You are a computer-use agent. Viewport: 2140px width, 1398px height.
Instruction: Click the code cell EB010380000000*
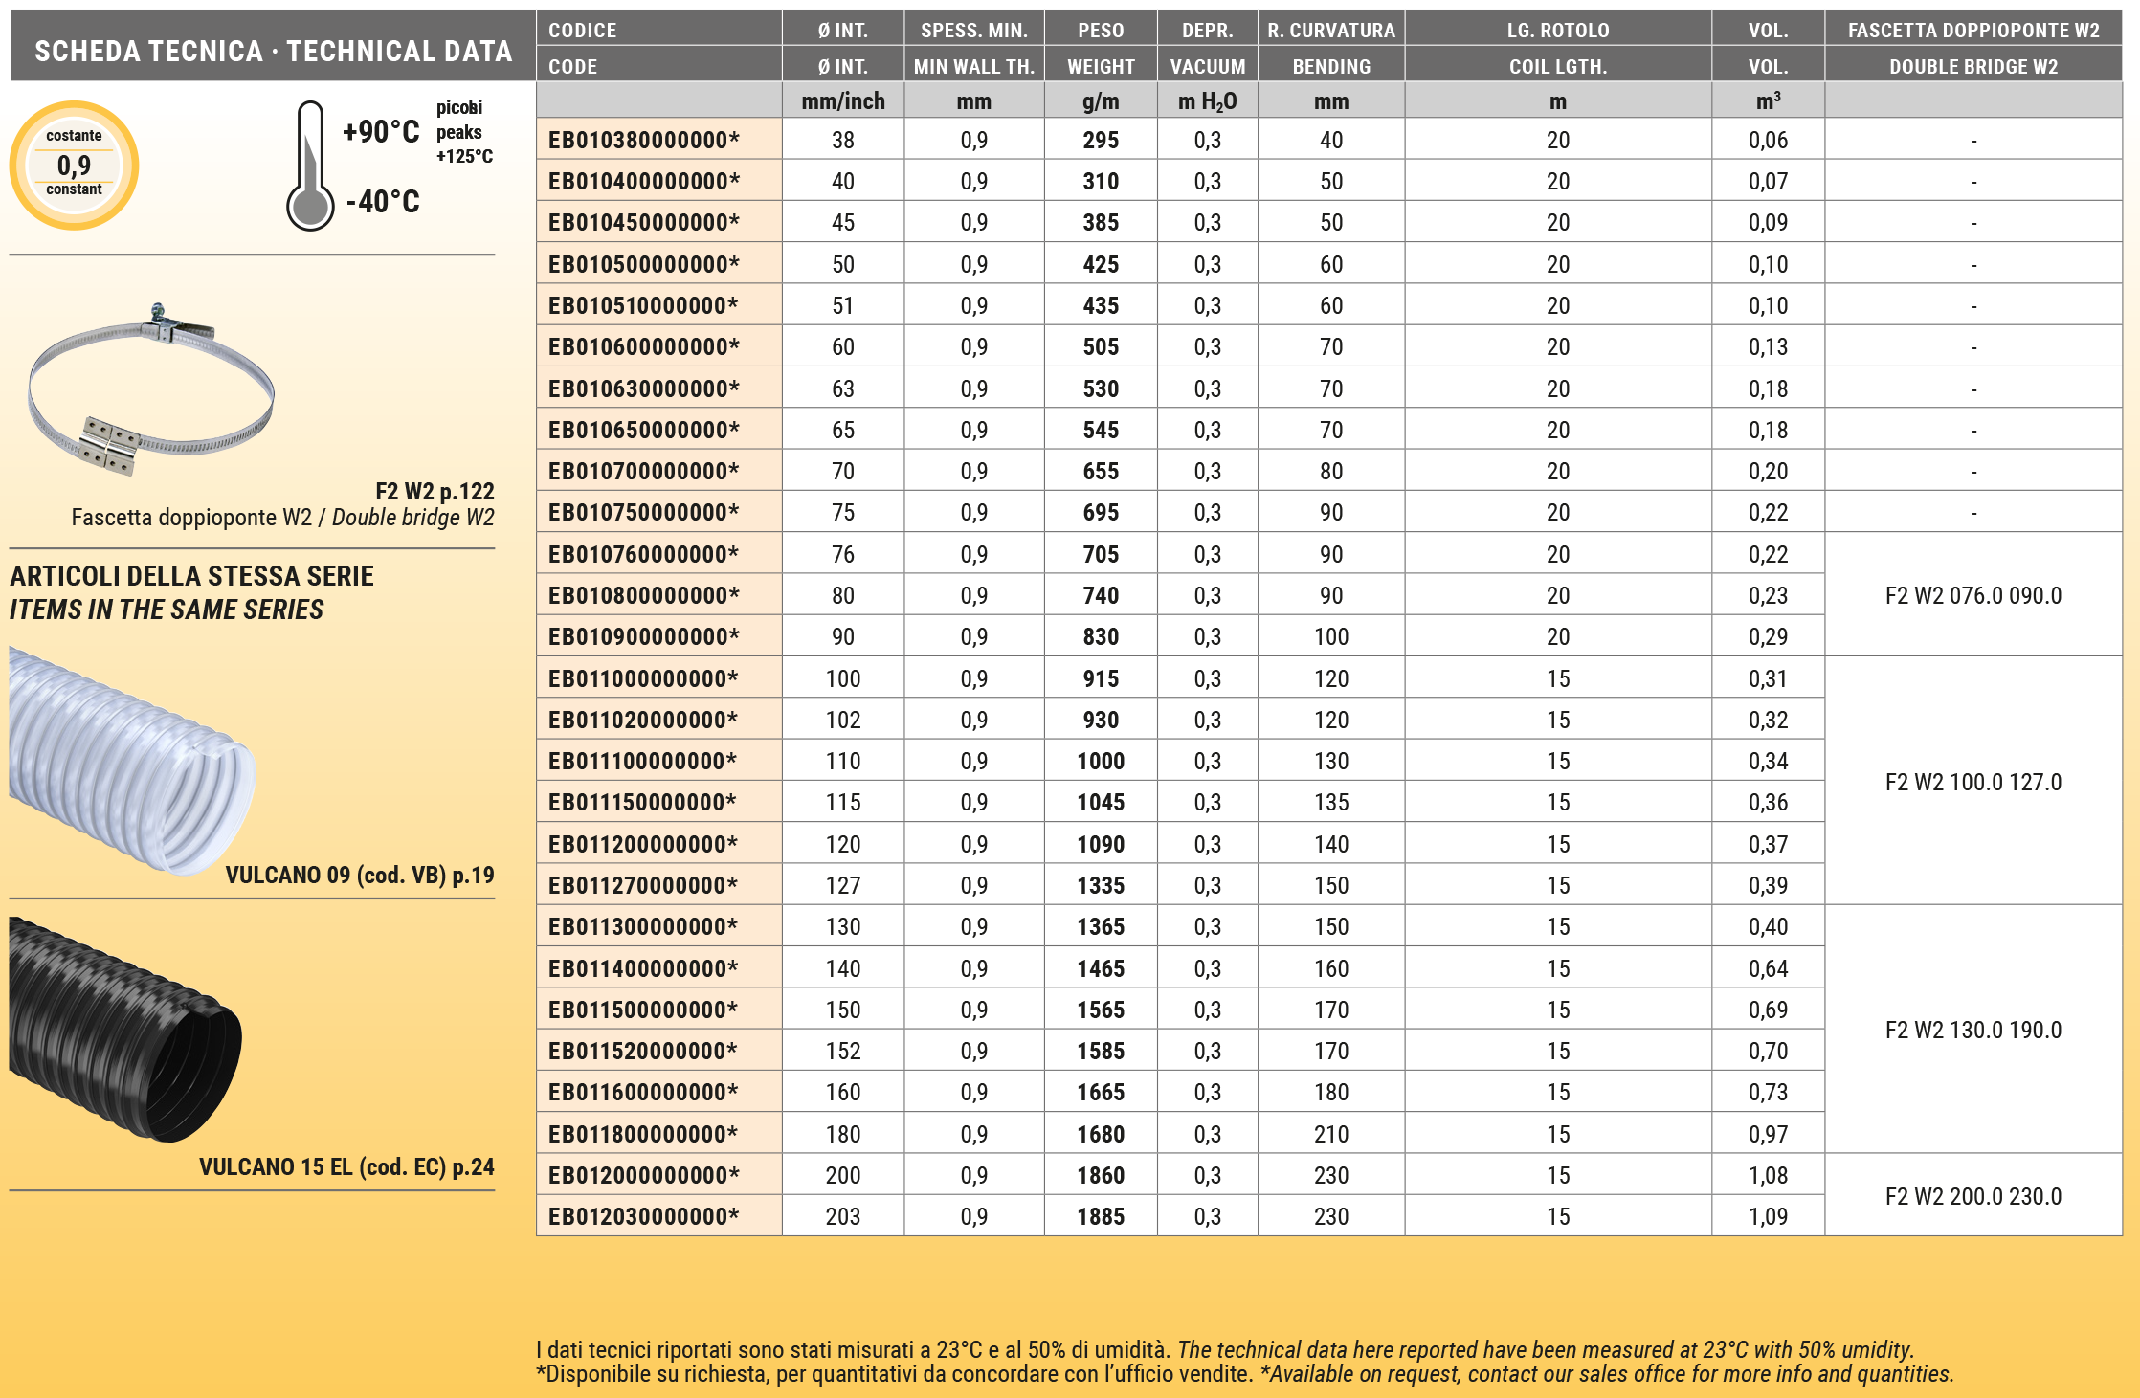click(x=643, y=140)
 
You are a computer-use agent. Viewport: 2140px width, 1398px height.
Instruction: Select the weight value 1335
click(x=1101, y=885)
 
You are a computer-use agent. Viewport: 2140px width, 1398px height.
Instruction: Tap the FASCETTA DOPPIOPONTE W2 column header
click(x=1973, y=31)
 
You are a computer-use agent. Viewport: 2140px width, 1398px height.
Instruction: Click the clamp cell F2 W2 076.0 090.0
click(x=1973, y=595)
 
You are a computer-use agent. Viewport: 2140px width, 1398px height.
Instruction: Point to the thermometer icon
click(x=310, y=166)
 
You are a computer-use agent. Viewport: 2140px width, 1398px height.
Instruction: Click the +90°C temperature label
click(x=381, y=132)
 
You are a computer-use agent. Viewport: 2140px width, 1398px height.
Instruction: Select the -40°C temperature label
click(x=383, y=202)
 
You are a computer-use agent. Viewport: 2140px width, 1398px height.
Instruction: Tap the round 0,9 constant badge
click(x=74, y=166)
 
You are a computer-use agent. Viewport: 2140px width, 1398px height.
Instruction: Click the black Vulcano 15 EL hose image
click(x=124, y=1029)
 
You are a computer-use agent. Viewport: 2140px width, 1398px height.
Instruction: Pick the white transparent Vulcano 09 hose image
click(x=130, y=761)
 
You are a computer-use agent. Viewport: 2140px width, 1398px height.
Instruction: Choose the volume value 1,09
click(x=1768, y=1216)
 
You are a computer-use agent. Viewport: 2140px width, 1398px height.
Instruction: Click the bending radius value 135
click(x=1330, y=802)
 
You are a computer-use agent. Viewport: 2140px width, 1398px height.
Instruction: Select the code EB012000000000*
click(x=643, y=1175)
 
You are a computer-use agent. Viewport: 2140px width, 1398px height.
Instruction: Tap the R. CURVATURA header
click(x=1330, y=31)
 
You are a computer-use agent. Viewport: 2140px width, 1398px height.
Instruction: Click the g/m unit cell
click(x=1101, y=101)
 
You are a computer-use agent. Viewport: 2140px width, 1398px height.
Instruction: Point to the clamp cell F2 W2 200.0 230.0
click(x=1973, y=1196)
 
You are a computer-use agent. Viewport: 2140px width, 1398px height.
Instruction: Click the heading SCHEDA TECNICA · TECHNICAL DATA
click(x=274, y=51)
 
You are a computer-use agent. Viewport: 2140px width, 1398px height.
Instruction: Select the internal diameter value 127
click(x=842, y=885)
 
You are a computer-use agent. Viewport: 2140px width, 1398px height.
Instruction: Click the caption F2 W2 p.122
click(x=435, y=492)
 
